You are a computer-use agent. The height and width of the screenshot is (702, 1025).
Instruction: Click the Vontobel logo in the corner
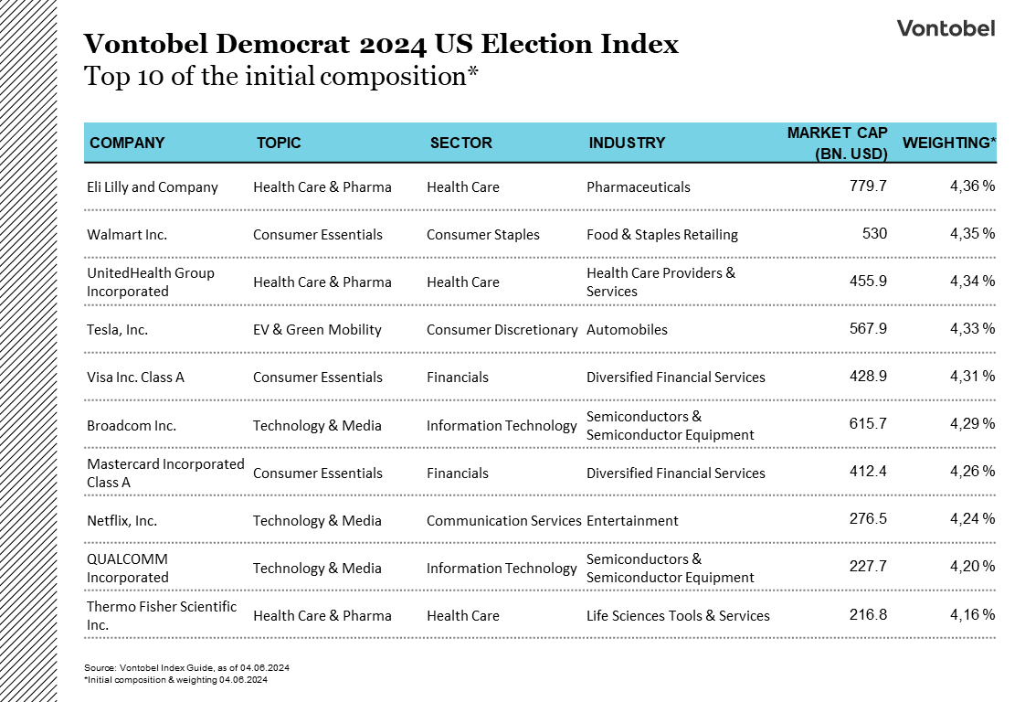coord(946,28)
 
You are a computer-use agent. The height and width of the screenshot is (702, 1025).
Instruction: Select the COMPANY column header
coord(127,143)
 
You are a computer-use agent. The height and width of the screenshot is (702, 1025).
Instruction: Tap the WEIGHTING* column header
coord(949,143)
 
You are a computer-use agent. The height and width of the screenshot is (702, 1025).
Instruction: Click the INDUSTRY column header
coord(627,143)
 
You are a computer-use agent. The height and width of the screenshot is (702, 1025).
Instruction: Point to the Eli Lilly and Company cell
coord(153,187)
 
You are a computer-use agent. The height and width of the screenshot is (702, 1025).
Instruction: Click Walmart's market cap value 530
coord(874,234)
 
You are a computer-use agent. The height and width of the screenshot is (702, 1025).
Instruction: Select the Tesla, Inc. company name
coord(117,330)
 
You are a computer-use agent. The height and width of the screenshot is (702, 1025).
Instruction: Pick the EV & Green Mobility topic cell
coord(317,330)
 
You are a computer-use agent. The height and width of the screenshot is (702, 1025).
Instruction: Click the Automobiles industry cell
coord(627,330)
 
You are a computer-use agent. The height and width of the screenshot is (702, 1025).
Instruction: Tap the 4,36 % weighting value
coord(972,186)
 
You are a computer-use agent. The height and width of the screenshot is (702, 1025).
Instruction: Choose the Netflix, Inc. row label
coord(122,521)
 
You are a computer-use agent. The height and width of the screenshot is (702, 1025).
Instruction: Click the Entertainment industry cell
coord(632,521)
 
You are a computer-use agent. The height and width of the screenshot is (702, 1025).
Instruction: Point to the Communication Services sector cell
coord(503,521)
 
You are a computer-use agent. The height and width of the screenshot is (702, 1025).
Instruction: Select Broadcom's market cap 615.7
coord(868,425)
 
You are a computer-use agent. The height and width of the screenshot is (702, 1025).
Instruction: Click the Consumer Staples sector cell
coord(482,235)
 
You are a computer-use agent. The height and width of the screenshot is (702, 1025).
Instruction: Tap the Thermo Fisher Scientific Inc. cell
coord(161,616)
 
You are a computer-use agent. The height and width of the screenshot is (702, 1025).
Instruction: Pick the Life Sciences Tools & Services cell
coord(678,616)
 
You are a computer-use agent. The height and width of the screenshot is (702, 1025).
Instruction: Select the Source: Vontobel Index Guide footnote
coord(186,668)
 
